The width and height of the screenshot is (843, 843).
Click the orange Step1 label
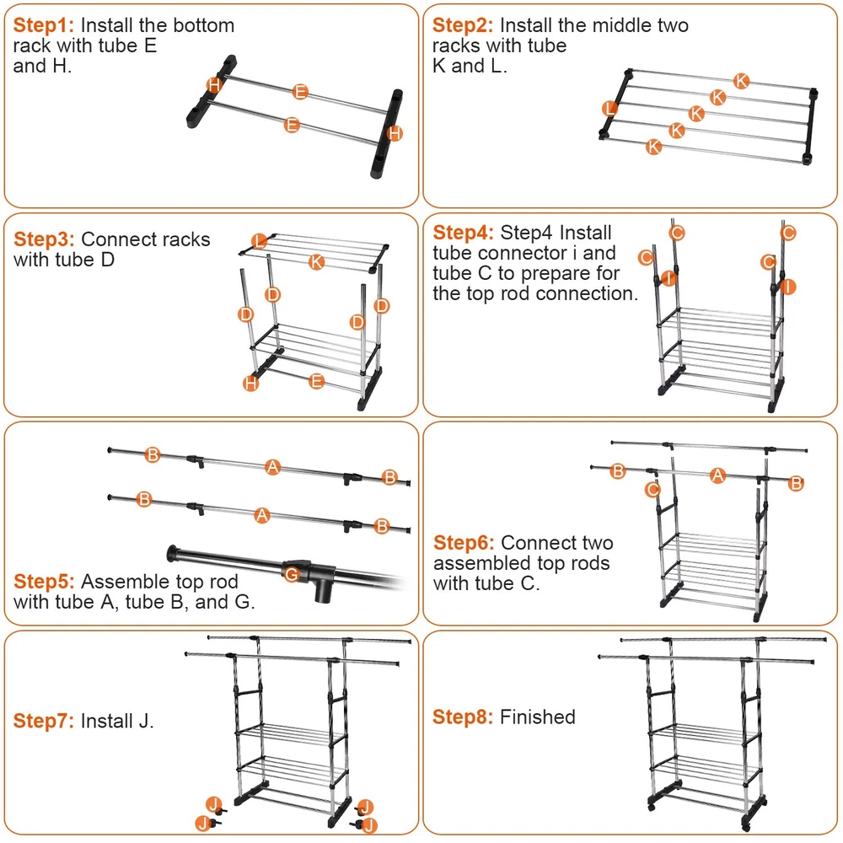(44, 25)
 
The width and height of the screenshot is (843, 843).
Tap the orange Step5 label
(44, 582)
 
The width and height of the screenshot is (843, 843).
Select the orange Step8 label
(463, 717)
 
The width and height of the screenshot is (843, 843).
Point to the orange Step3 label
(44, 239)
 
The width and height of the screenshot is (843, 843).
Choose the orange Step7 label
(44, 721)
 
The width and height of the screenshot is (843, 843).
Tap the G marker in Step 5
(292, 574)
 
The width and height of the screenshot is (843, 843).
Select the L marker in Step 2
(609, 108)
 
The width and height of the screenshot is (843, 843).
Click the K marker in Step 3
(316, 261)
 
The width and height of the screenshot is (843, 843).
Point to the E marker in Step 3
(316, 381)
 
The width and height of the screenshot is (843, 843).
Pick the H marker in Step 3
(250, 384)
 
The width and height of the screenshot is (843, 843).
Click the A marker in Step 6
(717, 475)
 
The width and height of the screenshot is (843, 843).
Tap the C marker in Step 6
(652, 489)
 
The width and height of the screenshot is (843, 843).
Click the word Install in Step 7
(107, 721)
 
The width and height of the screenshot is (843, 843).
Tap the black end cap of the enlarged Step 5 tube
(177, 553)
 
